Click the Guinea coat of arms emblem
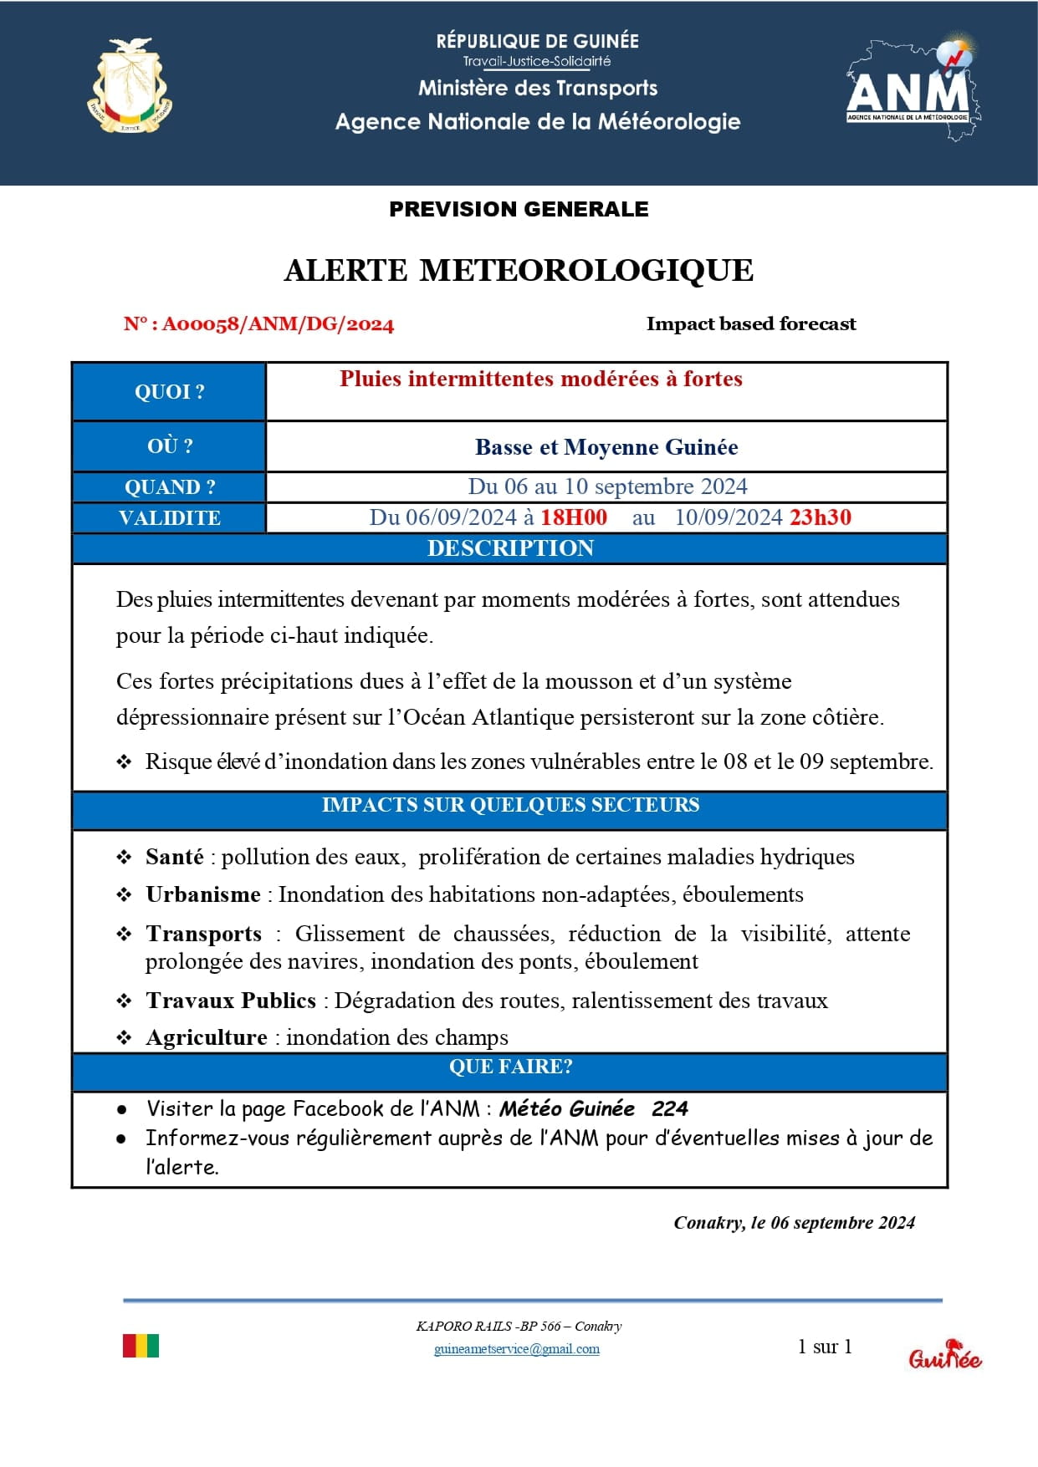130,86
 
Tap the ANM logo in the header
911,88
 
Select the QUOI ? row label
170,392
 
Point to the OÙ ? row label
170,446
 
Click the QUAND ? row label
170,487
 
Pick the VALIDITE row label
170,518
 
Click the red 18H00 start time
574,517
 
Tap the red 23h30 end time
820,517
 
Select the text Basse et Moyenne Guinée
606,447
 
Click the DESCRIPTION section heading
510,548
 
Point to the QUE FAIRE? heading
510,1067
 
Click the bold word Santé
175,857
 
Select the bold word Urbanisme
203,894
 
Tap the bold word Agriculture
207,1037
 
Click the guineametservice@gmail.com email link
517,1349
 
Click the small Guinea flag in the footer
141,1346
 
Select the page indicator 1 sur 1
825,1347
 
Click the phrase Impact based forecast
751,324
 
